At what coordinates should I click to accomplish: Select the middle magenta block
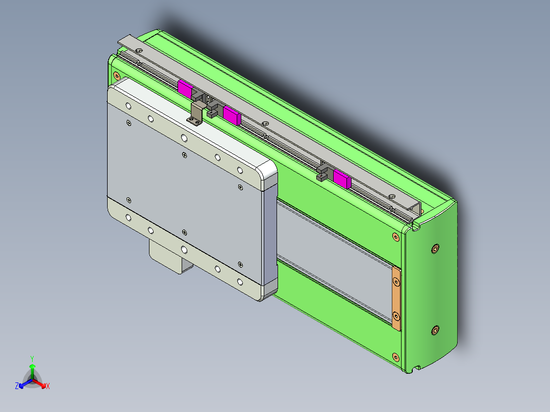click(232, 115)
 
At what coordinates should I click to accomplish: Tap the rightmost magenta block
click(342, 179)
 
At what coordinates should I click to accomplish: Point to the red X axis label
click(48, 387)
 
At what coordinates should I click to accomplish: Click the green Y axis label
click(32, 358)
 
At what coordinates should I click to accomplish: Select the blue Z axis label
click(17, 386)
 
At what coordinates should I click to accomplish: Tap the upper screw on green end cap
click(435, 248)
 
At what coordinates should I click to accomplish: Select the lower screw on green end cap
click(435, 330)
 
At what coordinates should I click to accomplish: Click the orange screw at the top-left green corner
click(117, 76)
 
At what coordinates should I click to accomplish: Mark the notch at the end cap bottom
click(417, 367)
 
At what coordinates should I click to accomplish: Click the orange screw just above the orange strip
click(395, 236)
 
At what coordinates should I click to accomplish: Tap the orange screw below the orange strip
click(395, 356)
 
